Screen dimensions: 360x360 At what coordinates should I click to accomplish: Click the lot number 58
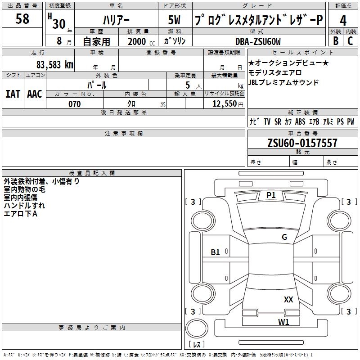pyautogui.click(x=22, y=19)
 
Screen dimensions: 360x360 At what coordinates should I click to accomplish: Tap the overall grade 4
pyautogui.click(x=343, y=21)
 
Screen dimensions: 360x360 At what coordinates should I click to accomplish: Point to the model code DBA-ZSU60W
pyautogui.click(x=258, y=41)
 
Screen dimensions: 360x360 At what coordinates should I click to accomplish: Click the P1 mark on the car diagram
pyautogui.click(x=271, y=195)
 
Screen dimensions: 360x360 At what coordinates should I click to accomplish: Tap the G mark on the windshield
pyautogui.click(x=284, y=237)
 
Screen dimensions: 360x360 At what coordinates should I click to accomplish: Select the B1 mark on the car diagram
pyautogui.click(x=216, y=252)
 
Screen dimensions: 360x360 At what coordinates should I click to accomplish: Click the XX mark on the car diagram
pyautogui.click(x=288, y=299)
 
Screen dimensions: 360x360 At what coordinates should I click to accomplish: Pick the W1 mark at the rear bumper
pyautogui.click(x=283, y=322)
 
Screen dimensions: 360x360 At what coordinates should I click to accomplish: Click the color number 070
pyautogui.click(x=74, y=104)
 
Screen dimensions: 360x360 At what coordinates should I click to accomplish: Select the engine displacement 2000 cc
pyautogui.click(x=140, y=41)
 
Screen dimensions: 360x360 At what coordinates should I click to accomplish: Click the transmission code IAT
pyautogui.click(x=13, y=94)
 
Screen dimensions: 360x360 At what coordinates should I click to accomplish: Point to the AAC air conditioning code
pyautogui.click(x=34, y=94)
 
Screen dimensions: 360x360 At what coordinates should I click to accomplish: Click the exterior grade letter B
pyautogui.click(x=335, y=40)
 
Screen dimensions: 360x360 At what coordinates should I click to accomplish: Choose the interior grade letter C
pyautogui.click(x=350, y=40)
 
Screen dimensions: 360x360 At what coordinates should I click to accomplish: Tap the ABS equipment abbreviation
pyautogui.click(x=300, y=121)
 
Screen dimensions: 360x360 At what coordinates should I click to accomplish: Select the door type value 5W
pyautogui.click(x=175, y=20)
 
